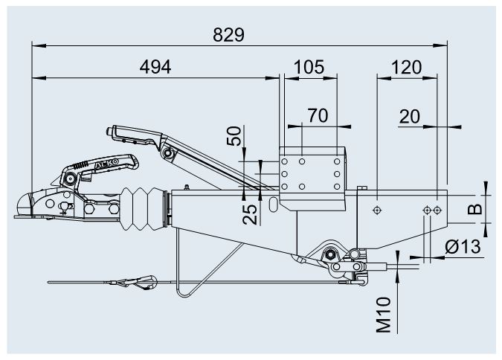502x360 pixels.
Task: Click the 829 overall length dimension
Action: tap(229, 34)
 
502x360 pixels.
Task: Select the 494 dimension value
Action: tap(155, 67)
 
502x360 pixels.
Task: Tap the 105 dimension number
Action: tap(309, 67)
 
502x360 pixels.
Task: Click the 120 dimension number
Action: tap(406, 67)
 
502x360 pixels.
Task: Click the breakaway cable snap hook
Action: tap(141, 282)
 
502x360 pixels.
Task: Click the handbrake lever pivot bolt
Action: tap(170, 153)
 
